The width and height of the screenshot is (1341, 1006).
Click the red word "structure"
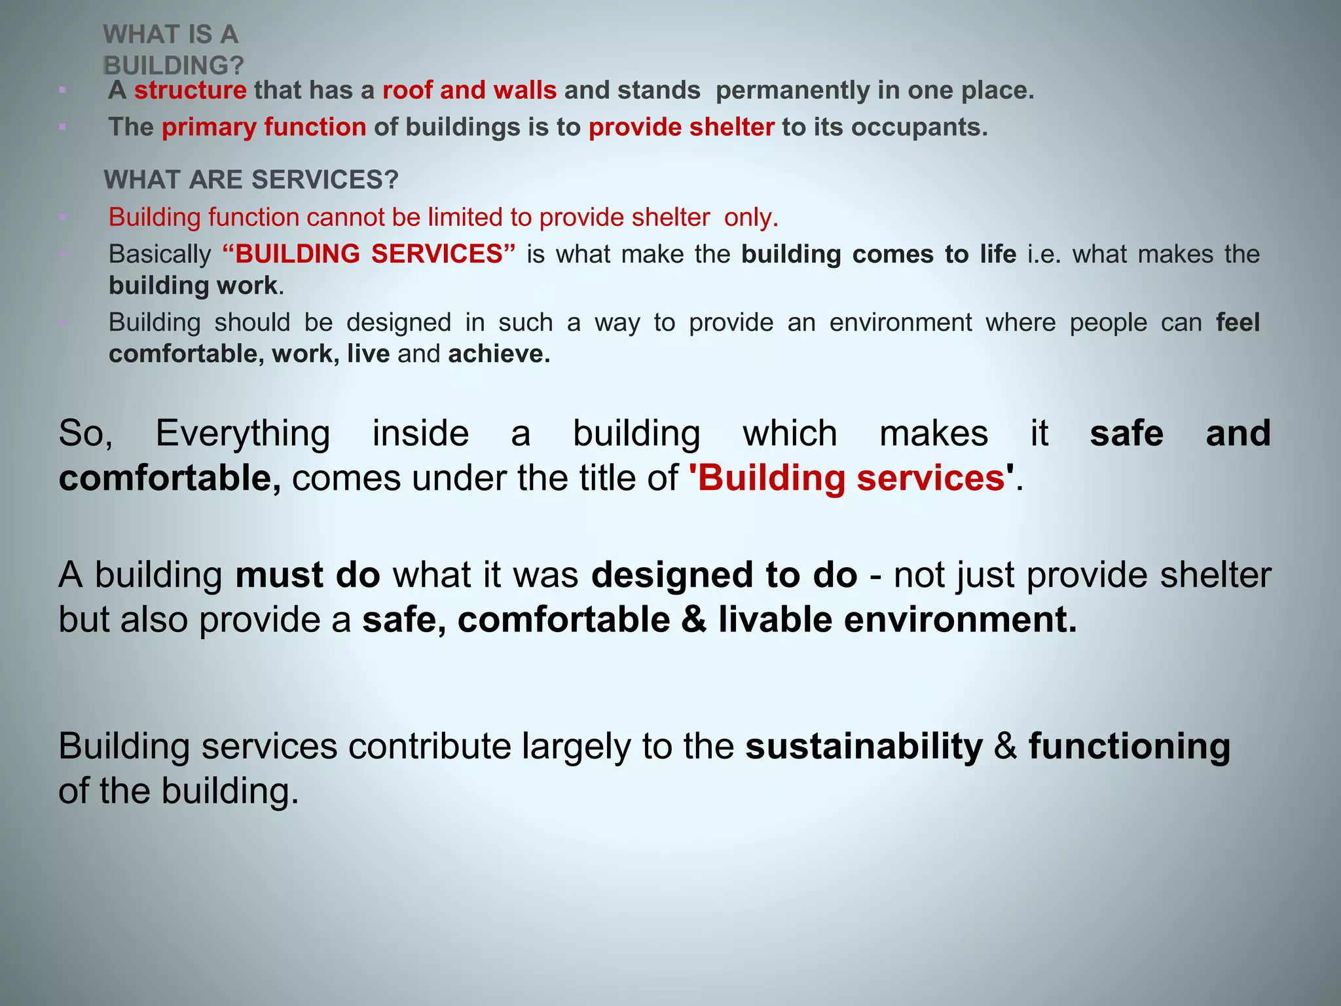click(190, 90)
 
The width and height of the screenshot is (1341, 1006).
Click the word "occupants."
click(919, 127)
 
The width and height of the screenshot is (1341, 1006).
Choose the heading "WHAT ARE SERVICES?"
click(251, 179)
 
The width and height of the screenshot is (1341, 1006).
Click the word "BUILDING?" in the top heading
click(174, 65)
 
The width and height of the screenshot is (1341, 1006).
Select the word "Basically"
click(160, 254)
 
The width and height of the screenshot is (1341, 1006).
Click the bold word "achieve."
click(499, 354)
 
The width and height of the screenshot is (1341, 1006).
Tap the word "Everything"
click(242, 434)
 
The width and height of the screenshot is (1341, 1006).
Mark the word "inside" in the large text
click(420, 434)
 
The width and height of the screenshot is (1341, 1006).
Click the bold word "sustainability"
click(864, 747)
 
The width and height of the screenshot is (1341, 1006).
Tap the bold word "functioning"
click(1129, 747)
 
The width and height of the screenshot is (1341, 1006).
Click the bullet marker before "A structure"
click(62, 90)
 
